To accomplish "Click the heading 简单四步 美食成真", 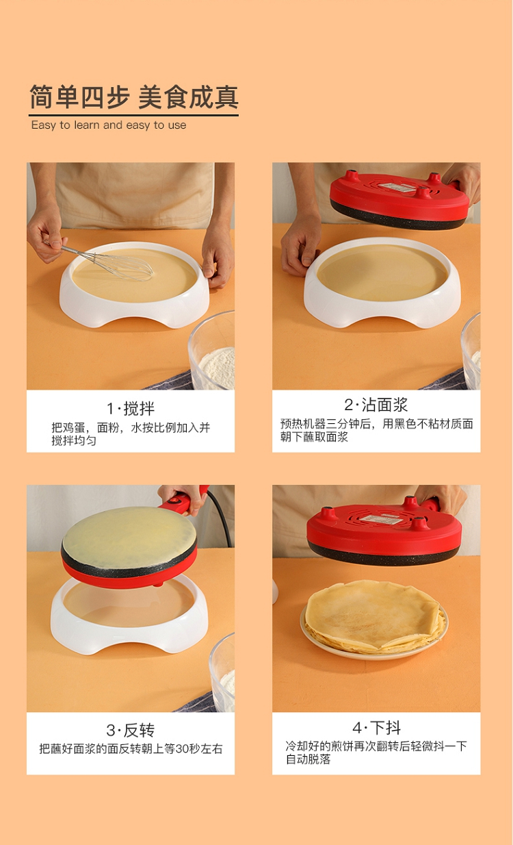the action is click(x=134, y=97).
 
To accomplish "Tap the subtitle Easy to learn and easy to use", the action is click(x=109, y=125).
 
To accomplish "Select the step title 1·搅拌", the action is click(x=131, y=409).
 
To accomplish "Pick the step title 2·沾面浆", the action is click(x=376, y=405).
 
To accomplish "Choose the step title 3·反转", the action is click(x=131, y=731).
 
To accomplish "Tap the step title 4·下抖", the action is click(x=376, y=727).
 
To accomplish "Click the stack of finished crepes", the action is click(x=374, y=616).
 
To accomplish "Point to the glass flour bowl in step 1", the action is click(x=212, y=351).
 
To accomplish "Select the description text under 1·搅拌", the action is click(x=131, y=434).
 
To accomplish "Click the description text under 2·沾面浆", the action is click(x=376, y=430).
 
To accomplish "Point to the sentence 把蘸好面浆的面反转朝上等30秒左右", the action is click(x=131, y=749).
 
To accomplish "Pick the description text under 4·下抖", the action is click(x=376, y=752).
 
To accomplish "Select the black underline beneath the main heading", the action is click(x=134, y=115).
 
